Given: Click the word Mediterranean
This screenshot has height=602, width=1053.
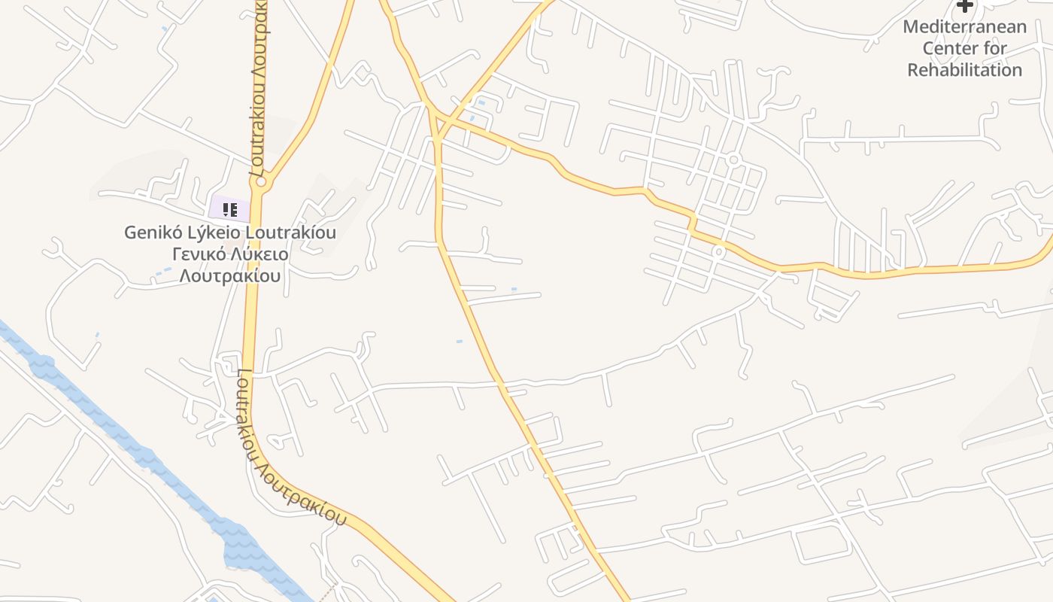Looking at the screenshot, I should [x=964, y=27].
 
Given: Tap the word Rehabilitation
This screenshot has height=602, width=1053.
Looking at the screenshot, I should [x=964, y=70].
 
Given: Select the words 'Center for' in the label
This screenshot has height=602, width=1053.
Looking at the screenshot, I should [x=964, y=48].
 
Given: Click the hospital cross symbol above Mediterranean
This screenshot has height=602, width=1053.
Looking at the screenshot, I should [x=964, y=5].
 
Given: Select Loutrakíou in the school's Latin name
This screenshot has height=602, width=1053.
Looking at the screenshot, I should [x=290, y=232].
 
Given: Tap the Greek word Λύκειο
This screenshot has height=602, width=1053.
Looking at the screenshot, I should [x=259, y=254].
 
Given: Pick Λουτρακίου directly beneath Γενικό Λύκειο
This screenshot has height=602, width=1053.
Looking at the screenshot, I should [x=229, y=275].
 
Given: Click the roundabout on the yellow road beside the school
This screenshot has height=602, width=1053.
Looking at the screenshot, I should [x=261, y=181].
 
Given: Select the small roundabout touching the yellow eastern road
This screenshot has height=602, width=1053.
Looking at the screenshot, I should [x=719, y=251].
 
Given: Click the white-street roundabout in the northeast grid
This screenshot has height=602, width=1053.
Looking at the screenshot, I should [x=733, y=160].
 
